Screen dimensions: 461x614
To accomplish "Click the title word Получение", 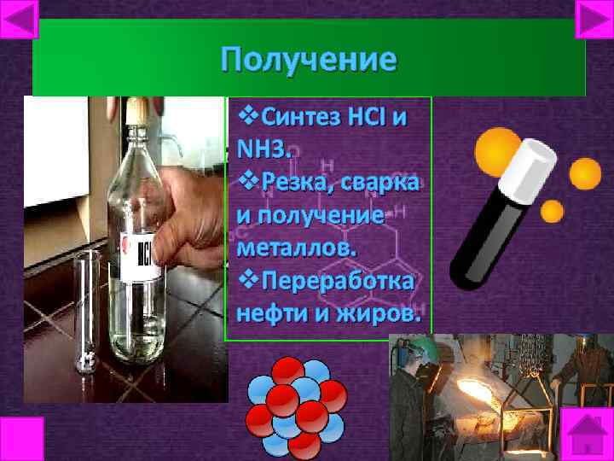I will point(308,60).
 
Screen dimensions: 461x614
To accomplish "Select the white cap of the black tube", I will point(530,162).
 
